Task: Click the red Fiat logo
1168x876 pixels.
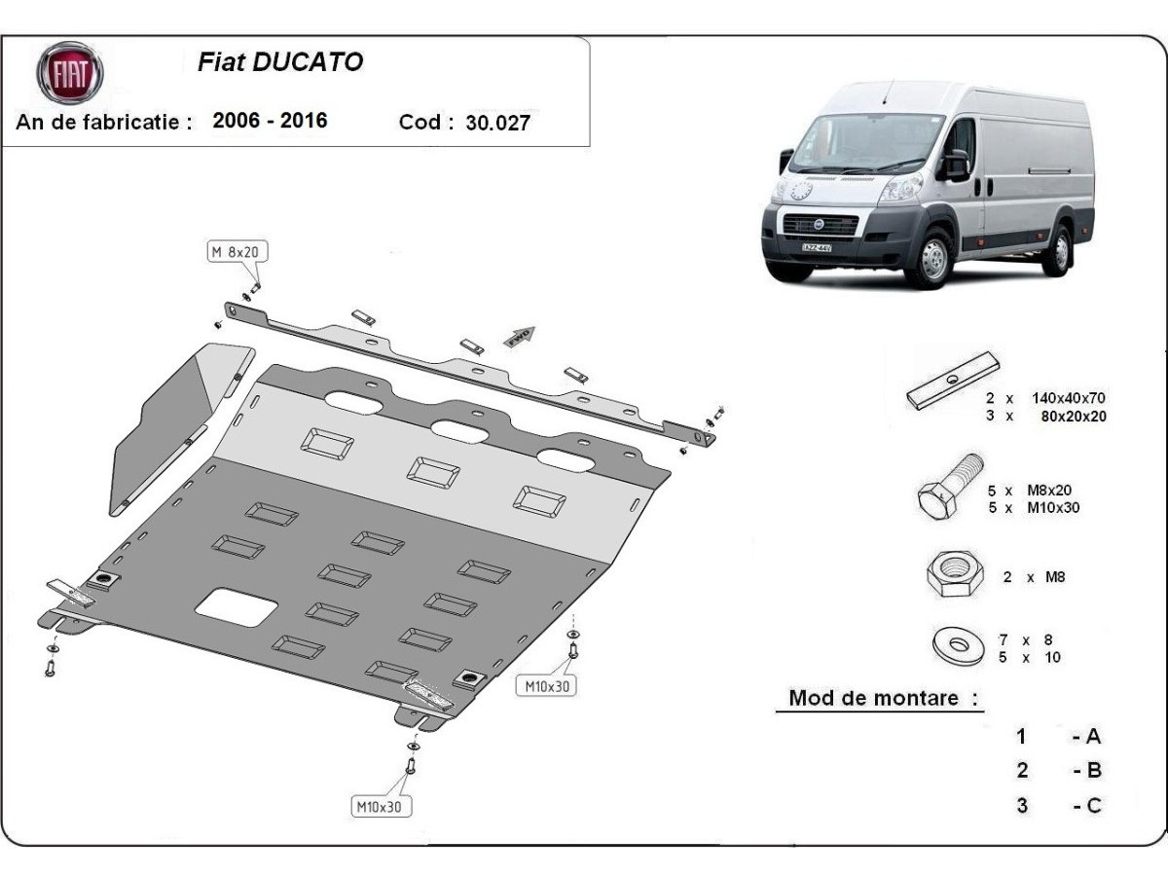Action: (69, 73)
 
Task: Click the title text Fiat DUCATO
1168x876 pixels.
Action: (280, 62)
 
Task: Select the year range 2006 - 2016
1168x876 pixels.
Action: (270, 121)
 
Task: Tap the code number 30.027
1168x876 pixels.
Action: (498, 123)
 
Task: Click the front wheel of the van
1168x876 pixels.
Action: (931, 258)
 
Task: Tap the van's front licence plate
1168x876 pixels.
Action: (817, 247)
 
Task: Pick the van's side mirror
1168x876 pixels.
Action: (954, 164)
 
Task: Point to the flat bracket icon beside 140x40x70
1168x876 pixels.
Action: (953, 380)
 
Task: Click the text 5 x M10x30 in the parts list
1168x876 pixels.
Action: (1034, 507)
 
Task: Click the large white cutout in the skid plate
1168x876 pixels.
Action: (237, 607)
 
